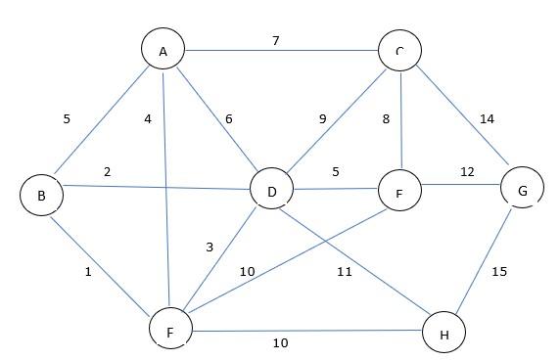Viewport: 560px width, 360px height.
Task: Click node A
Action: coord(163,50)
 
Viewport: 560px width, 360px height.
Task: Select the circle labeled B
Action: coord(41,196)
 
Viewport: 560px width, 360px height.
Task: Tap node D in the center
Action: coord(272,191)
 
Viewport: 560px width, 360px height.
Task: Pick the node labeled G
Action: coord(523,191)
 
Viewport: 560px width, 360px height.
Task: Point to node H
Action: coord(444,334)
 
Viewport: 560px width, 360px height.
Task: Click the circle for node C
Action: coord(400,50)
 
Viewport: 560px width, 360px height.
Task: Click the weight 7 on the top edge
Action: coord(277,41)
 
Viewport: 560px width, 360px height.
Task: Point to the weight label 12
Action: coord(467,172)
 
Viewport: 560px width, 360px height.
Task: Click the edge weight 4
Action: coord(148,120)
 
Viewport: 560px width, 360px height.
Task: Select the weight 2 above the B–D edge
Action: coord(107,172)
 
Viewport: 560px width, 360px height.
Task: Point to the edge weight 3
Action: coord(209,247)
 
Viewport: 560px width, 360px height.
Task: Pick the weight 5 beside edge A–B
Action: coord(67,119)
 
